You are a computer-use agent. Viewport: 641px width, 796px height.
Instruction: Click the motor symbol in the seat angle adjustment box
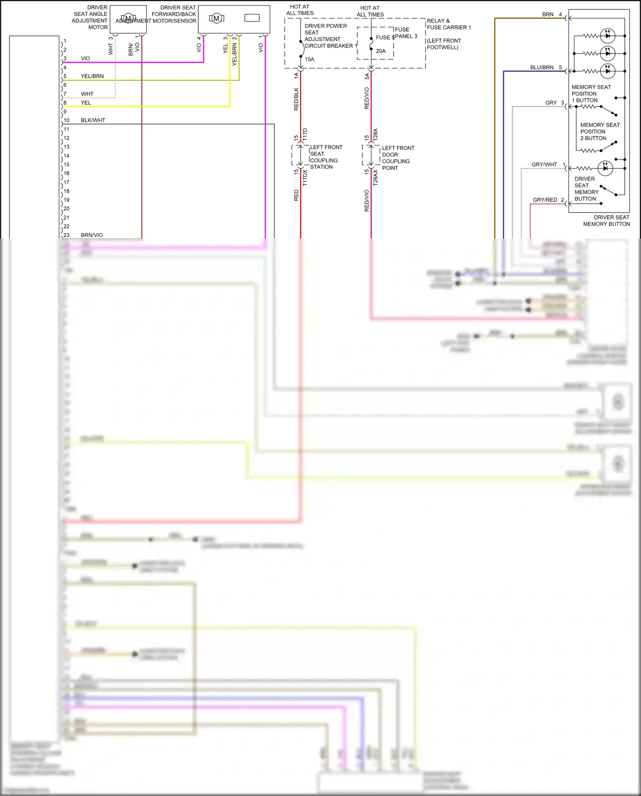coord(128,18)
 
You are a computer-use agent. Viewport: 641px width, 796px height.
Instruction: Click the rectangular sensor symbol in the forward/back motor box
coord(252,18)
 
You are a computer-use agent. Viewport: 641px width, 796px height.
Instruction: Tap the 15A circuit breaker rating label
coord(309,59)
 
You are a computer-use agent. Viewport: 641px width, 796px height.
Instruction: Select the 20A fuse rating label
coord(381,51)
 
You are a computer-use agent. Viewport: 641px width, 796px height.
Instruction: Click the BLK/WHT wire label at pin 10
coord(93,120)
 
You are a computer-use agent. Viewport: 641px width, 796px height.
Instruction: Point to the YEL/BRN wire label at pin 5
coord(92,76)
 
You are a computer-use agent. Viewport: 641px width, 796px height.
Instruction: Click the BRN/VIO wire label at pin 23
coord(92,235)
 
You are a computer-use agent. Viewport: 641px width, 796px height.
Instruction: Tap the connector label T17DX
coord(305,178)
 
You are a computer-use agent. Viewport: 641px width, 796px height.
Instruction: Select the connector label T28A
coord(375,135)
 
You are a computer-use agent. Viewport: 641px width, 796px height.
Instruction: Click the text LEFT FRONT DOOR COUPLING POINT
coord(398,158)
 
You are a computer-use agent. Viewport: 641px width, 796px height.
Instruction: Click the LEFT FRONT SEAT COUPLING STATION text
coord(326,157)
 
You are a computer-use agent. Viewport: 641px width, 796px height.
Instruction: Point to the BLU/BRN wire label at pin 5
coord(541,68)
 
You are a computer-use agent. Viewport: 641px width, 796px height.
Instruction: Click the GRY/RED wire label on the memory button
coord(545,200)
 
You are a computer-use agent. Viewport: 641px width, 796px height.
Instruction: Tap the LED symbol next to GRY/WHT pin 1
coord(605,168)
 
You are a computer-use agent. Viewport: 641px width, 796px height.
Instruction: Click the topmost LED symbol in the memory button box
coord(607,36)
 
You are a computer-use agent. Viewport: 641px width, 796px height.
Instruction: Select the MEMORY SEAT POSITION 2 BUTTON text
coord(600,131)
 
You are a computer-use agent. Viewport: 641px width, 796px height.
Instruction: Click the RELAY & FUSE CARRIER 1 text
coord(449,24)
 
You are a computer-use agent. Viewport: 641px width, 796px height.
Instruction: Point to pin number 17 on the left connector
coord(67,182)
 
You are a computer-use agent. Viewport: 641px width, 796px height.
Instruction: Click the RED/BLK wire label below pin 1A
coord(296,99)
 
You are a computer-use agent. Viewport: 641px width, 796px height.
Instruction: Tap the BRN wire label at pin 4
coord(547,15)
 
